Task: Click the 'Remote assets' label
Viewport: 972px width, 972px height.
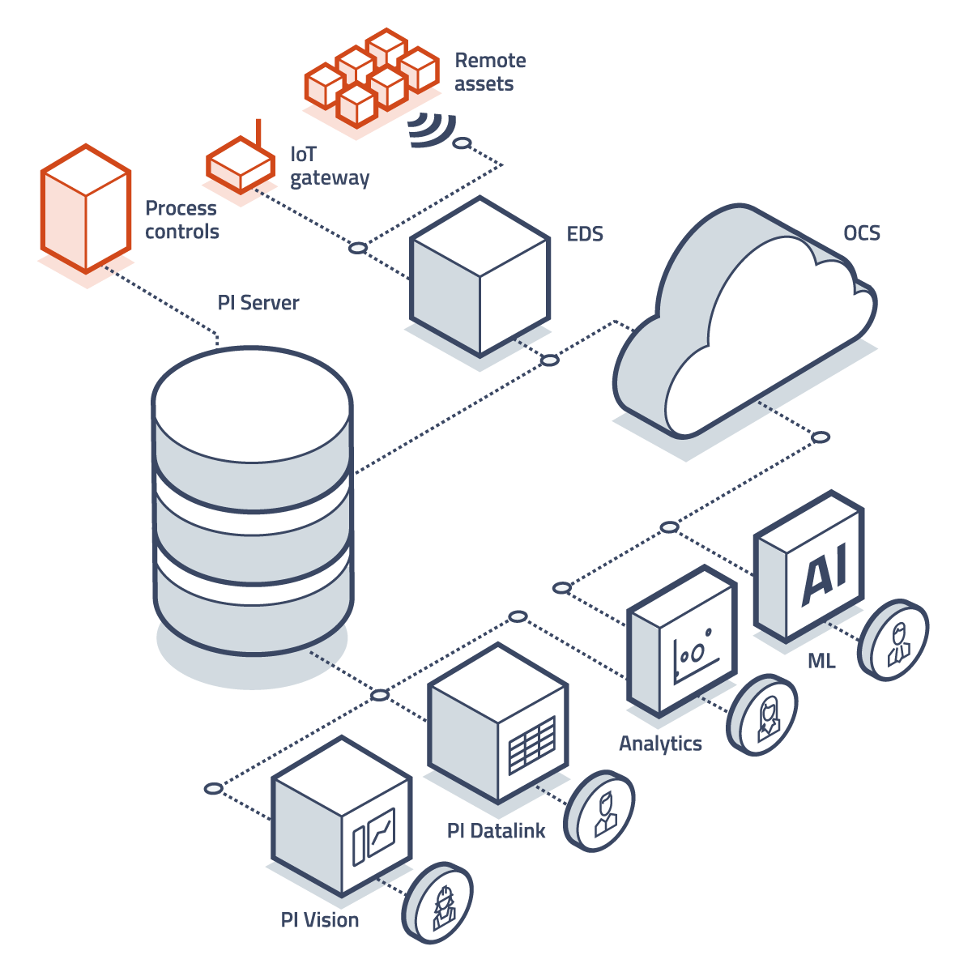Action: tap(490, 72)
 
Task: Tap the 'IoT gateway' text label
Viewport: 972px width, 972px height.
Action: tap(330, 166)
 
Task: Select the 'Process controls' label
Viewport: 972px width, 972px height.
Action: tap(182, 220)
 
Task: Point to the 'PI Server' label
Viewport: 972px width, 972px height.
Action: tap(258, 303)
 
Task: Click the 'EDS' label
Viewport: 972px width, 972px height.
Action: tap(585, 234)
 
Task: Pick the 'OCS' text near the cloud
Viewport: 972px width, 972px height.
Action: tap(862, 233)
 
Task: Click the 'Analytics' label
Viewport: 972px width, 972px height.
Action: tap(660, 744)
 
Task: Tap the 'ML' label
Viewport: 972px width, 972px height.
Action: tap(821, 662)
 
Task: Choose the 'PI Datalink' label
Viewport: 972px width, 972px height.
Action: tap(497, 830)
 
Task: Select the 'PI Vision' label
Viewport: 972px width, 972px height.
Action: tap(320, 920)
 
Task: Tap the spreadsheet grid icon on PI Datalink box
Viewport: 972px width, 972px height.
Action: tap(532, 744)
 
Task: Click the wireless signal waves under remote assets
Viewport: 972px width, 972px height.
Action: tap(431, 130)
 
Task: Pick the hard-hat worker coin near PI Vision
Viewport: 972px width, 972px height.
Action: tap(438, 902)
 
